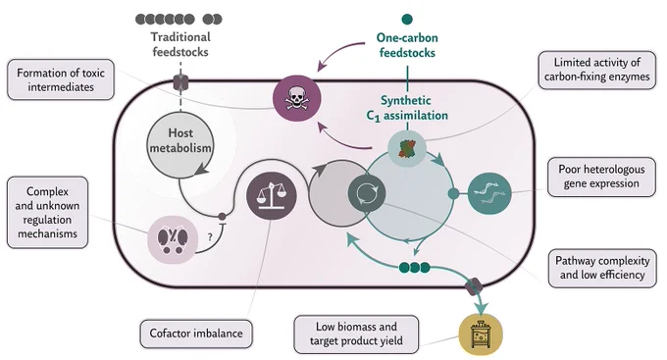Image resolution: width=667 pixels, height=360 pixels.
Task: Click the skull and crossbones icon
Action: (297, 98)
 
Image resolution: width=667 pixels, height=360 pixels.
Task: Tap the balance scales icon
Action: (272, 196)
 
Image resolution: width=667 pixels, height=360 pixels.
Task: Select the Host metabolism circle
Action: (180, 144)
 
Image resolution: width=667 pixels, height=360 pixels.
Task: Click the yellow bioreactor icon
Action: (481, 334)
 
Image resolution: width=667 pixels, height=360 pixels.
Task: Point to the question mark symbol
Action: (210, 237)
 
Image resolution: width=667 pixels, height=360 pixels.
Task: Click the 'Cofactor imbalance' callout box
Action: (196, 334)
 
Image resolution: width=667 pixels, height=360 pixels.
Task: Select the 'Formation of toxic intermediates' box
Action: (61, 80)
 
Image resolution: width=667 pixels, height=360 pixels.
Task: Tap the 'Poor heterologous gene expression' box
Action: (601, 177)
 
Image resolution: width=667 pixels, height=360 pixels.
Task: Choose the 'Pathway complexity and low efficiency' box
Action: (602, 268)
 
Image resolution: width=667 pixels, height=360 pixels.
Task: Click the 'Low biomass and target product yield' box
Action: (356, 334)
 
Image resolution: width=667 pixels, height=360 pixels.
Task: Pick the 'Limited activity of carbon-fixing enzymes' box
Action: (596, 70)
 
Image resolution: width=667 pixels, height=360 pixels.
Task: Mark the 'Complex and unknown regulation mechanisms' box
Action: (48, 212)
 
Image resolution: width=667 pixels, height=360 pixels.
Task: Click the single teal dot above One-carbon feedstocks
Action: (407, 20)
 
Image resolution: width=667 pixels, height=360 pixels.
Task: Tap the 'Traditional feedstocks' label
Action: (180, 44)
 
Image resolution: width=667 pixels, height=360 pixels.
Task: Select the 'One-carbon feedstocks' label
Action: (407, 45)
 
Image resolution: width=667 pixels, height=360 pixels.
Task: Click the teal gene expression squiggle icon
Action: (489, 193)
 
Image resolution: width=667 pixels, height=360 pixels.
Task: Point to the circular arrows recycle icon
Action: (367, 193)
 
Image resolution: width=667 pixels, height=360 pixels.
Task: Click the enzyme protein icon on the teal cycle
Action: (407, 149)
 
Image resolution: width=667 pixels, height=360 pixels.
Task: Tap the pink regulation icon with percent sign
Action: (173, 239)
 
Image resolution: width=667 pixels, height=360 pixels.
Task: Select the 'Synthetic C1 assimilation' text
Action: (407, 108)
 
